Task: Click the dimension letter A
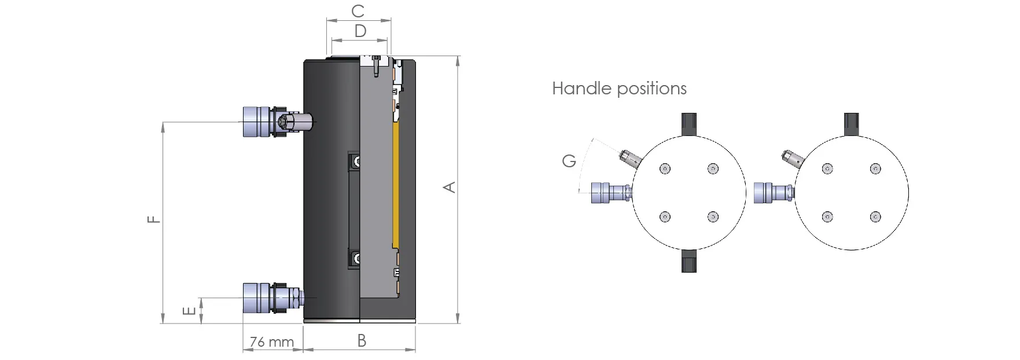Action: tap(450, 187)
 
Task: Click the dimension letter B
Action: tap(362, 341)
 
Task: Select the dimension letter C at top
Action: tap(358, 11)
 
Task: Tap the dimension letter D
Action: tap(360, 31)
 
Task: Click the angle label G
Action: tap(569, 161)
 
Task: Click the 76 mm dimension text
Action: tap(272, 342)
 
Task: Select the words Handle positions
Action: tap(619, 89)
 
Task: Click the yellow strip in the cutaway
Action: tap(396, 185)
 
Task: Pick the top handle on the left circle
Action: tap(688, 124)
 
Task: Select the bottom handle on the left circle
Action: tap(688, 261)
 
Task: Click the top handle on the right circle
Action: tap(851, 124)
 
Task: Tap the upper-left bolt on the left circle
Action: tap(665, 169)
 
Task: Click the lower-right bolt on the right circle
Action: tap(875, 217)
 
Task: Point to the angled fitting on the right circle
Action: tap(790, 158)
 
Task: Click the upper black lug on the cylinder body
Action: tap(353, 161)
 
